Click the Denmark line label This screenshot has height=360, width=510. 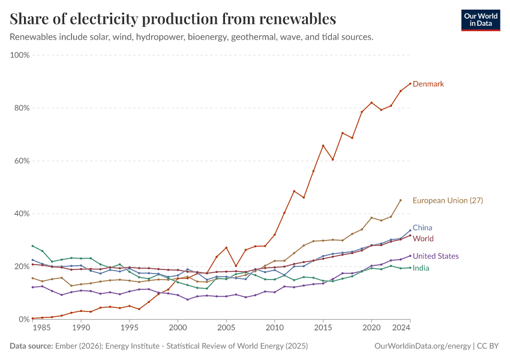click(x=428, y=84)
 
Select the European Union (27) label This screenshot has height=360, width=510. click(x=448, y=200)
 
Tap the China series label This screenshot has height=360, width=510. click(x=422, y=228)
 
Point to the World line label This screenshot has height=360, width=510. click(x=423, y=239)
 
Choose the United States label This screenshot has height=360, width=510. click(x=436, y=256)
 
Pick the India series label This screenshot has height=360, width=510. click(x=421, y=268)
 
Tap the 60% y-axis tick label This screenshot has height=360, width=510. click(x=22, y=161)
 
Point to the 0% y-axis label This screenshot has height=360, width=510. click(x=24, y=319)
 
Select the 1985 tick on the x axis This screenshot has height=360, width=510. click(x=42, y=329)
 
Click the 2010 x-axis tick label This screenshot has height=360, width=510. click(x=275, y=329)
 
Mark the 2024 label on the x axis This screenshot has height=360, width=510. click(x=402, y=329)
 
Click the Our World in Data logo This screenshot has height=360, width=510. click(x=480, y=20)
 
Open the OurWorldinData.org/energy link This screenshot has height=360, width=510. click(x=422, y=346)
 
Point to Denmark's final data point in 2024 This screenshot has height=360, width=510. click(x=410, y=83)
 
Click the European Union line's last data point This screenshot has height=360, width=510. click(x=401, y=200)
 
